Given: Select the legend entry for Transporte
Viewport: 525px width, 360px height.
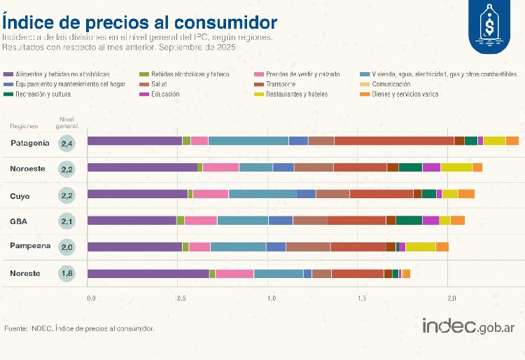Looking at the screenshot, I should pos(281,83).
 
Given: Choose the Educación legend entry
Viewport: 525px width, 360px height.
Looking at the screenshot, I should pos(165,93).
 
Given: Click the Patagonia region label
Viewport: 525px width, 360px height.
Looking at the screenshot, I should pos(30,143).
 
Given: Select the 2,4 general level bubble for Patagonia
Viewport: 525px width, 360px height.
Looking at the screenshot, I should pos(67,143).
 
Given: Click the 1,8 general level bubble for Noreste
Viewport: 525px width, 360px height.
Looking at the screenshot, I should pos(67,273).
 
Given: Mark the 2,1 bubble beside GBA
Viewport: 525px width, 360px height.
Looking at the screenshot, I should pos(67,221).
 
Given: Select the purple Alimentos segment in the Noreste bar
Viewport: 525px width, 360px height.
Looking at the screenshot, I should pos(148,273).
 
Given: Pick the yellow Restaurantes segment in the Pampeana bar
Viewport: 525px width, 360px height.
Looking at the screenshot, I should pos(420,247).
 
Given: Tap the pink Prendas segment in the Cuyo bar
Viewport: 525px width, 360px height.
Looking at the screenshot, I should pos(211,193).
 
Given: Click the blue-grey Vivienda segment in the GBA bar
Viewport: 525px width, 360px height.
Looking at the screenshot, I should pos(242,220).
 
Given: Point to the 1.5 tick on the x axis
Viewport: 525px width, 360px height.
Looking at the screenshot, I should pos(362,299).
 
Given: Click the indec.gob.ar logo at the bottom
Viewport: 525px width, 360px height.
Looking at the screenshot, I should pos(469,326).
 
